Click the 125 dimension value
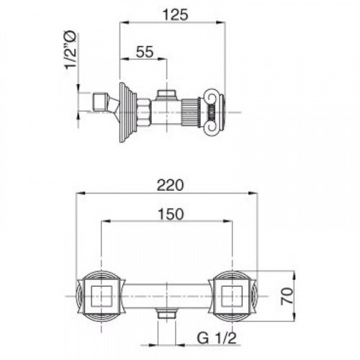point(176,15)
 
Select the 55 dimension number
point(145,52)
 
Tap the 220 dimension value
point(171,185)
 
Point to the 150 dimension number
point(171,214)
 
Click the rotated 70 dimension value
point(287,296)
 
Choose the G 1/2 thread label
point(217,338)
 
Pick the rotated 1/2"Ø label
point(71,50)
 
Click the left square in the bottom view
point(102,296)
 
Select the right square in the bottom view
point(232,296)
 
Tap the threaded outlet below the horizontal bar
point(167,314)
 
